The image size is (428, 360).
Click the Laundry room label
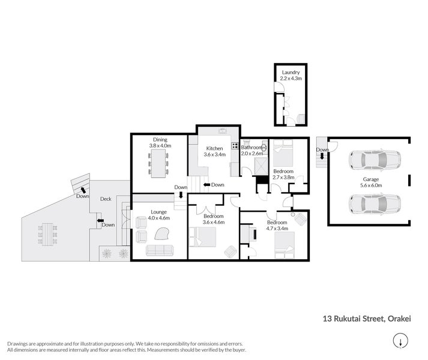tap(291, 73)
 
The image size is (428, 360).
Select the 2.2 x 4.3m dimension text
tap(291, 79)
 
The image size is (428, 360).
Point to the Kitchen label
tap(214, 148)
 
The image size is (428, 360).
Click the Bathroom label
tap(252, 147)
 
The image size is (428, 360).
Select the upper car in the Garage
tap(366, 160)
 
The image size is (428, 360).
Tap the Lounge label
tap(158, 212)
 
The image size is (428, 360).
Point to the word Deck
tap(106, 199)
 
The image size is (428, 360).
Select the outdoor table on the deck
tap(49, 233)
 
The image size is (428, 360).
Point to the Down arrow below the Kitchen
tap(215, 185)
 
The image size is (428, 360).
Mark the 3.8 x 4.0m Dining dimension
tap(160, 145)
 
